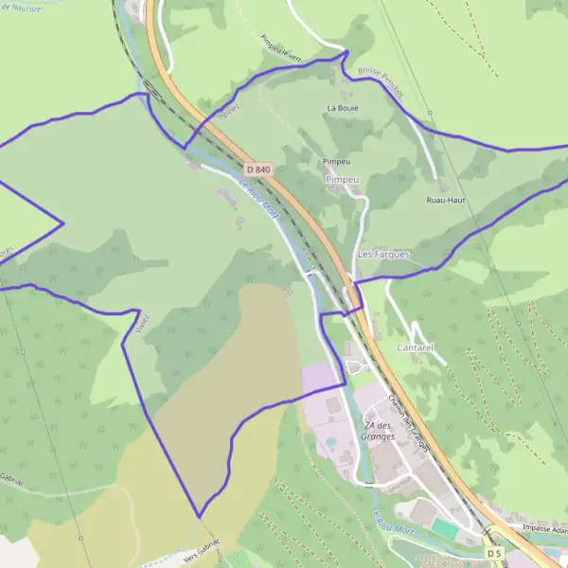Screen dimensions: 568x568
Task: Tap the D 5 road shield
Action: pos(493,552)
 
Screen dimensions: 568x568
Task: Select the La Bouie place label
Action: pos(342,108)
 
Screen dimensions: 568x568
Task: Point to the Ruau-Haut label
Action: pos(445,201)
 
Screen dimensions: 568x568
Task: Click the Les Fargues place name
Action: pos(383,255)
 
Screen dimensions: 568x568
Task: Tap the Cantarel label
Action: pos(416,348)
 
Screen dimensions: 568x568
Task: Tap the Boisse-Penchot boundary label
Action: pos(381,82)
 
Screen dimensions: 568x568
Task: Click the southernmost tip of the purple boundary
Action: pos(200,517)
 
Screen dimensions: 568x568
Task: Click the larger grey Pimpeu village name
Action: pos(342,179)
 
